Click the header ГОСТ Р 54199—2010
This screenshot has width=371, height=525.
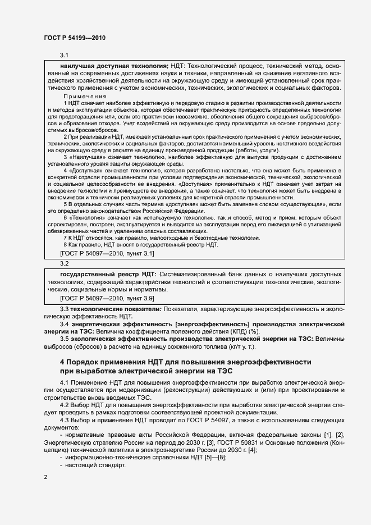coord(74,38)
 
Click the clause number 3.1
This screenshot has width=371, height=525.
coord(64,55)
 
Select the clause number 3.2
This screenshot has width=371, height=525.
coord(64,263)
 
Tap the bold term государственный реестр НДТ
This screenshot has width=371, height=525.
coord(108,274)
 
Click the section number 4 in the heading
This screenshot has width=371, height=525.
coord(63,362)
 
